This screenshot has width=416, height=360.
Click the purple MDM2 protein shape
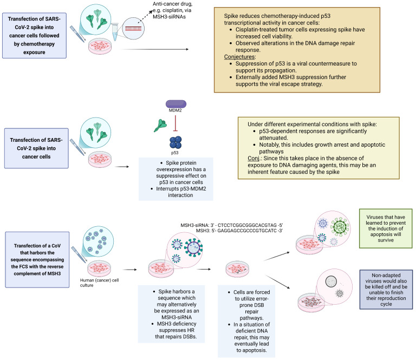pos(176,104)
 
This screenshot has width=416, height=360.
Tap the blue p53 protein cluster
pos(175,142)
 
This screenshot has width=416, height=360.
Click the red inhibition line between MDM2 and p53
pos(175,123)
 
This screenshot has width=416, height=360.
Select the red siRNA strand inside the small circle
pos(133,28)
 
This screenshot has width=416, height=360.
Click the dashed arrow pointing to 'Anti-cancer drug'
pos(145,17)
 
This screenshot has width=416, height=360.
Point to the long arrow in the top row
pos(155,49)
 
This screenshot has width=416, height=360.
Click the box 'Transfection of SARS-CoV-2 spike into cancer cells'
pos(36,148)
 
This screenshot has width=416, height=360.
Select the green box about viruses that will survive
pos(386,228)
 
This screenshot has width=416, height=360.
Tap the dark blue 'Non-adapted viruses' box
pos(386,290)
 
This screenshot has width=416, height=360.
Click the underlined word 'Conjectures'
pos(239,57)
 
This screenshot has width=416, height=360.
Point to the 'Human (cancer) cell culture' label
pos(100,283)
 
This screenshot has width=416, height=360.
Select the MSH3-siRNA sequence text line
pos(232,225)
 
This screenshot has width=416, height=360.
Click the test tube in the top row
pos(115,32)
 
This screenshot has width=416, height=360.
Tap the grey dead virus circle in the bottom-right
pos(331,282)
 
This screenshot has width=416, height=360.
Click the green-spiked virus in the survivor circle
pos(340,227)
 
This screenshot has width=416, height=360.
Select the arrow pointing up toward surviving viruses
pos(277,257)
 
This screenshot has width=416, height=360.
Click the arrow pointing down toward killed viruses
pos(277,282)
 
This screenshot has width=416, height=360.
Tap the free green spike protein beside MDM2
pos(160,126)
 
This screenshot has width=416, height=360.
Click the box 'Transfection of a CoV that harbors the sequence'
pos(37,259)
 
